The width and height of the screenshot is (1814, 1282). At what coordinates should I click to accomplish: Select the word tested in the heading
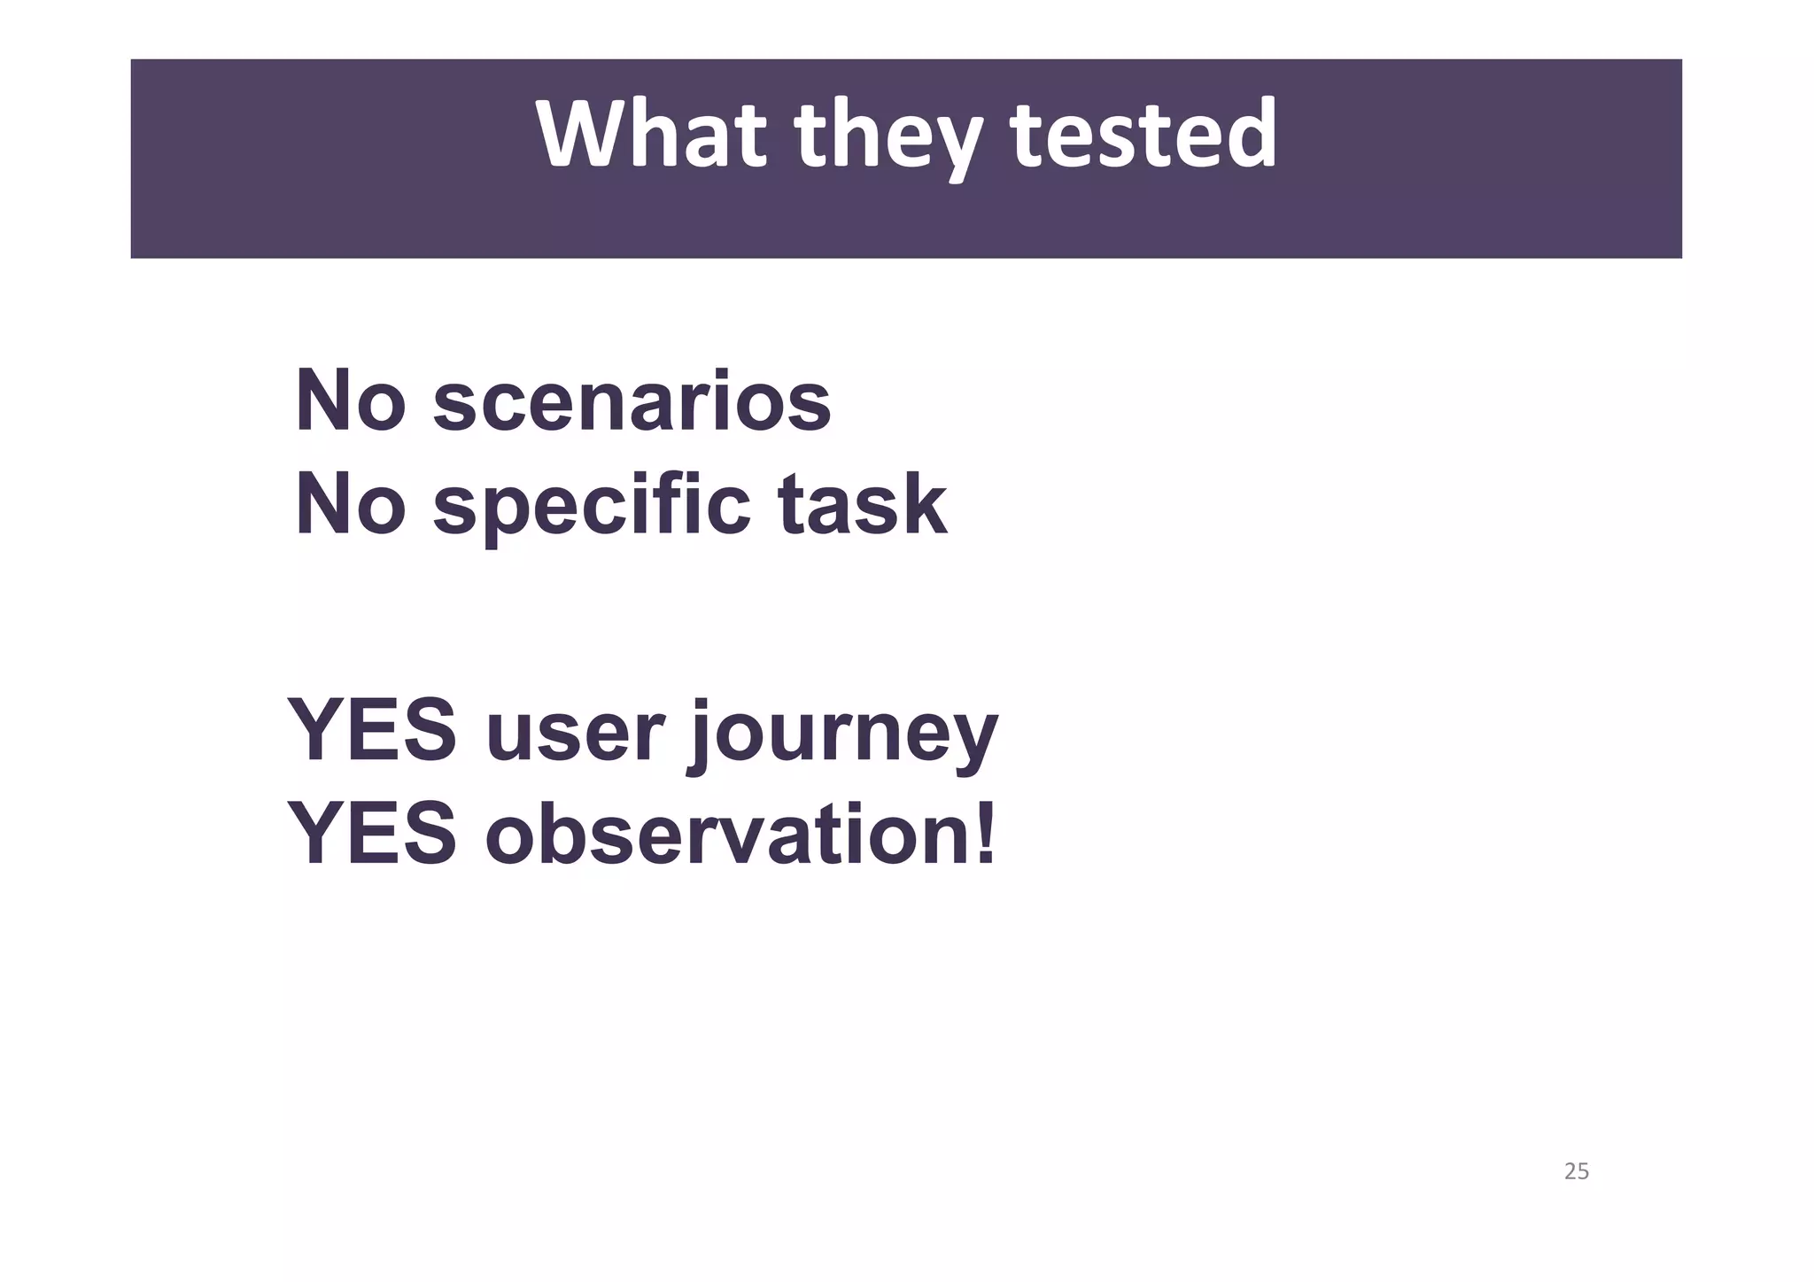point(1143,135)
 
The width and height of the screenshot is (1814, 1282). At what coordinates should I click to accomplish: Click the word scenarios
point(632,403)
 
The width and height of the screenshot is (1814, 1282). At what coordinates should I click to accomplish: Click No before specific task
point(350,504)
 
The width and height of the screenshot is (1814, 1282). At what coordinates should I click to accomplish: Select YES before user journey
point(372,732)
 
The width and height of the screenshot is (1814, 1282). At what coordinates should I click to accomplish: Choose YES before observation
point(372,834)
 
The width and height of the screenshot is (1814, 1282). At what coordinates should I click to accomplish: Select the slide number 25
point(1577,1171)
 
